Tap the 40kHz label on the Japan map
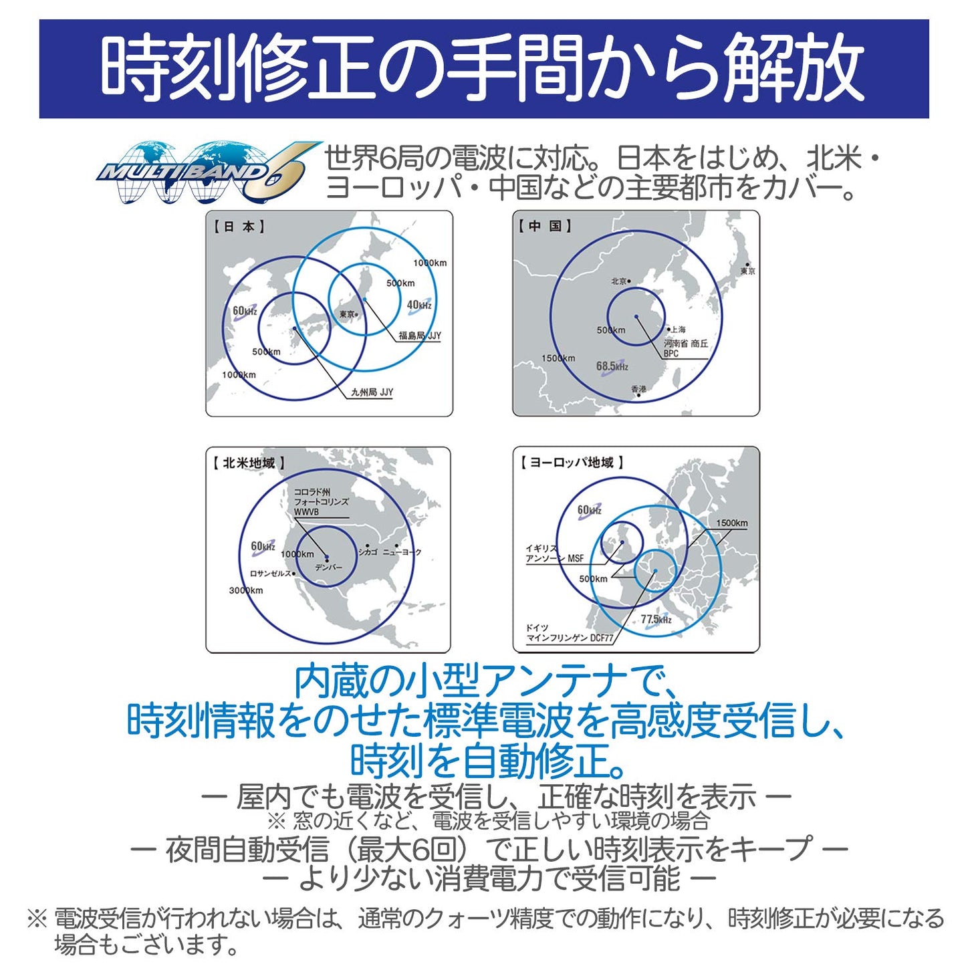coord(419,306)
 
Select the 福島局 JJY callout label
coord(419,336)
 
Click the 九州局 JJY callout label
coord(372,392)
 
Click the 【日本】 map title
coord(239,227)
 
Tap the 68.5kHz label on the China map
coord(612,366)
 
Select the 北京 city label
coord(619,281)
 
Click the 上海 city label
coord(677,330)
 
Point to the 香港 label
coord(638,388)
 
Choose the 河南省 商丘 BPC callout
coord(685,348)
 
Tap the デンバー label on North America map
coord(328,568)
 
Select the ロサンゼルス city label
coord(270,574)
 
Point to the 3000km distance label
coord(246,590)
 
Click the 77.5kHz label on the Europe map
coord(656,620)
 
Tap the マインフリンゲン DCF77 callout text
coord(570,638)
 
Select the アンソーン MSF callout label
coord(554,558)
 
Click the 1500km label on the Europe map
coord(731,523)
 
